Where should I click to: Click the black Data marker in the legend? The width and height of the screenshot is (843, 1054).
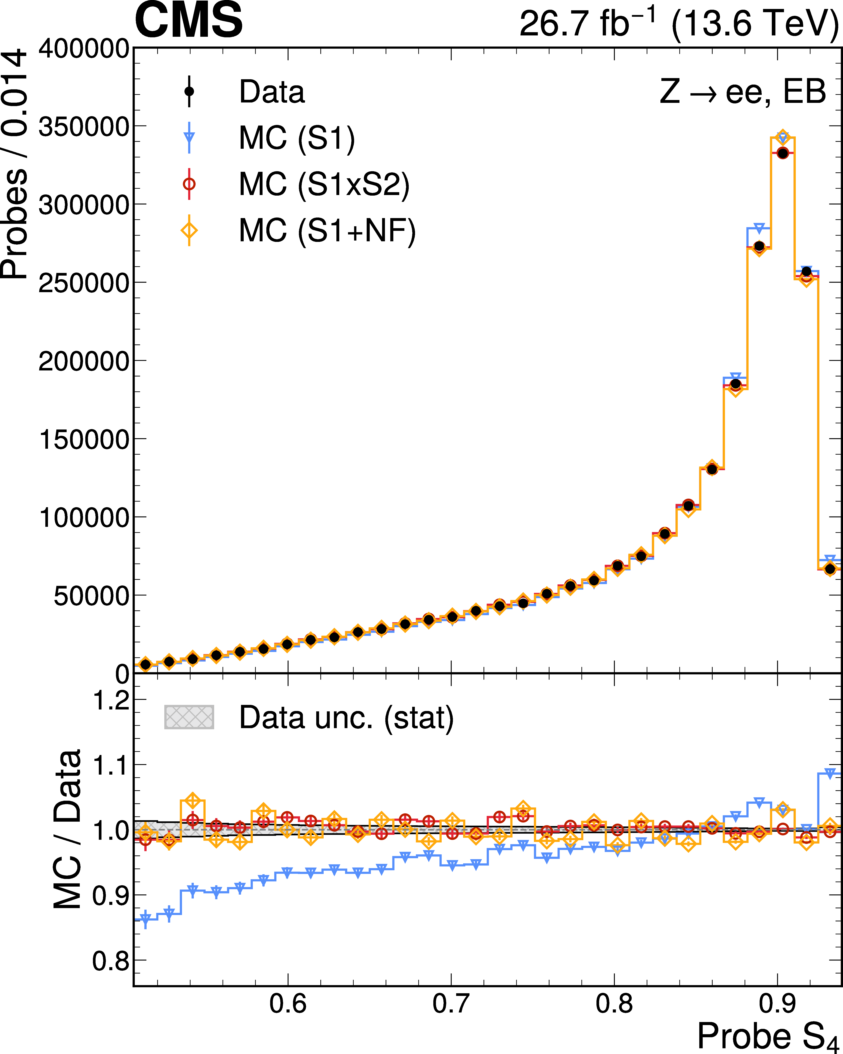point(189,91)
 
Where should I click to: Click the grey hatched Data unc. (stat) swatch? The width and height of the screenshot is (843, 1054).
point(189,717)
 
